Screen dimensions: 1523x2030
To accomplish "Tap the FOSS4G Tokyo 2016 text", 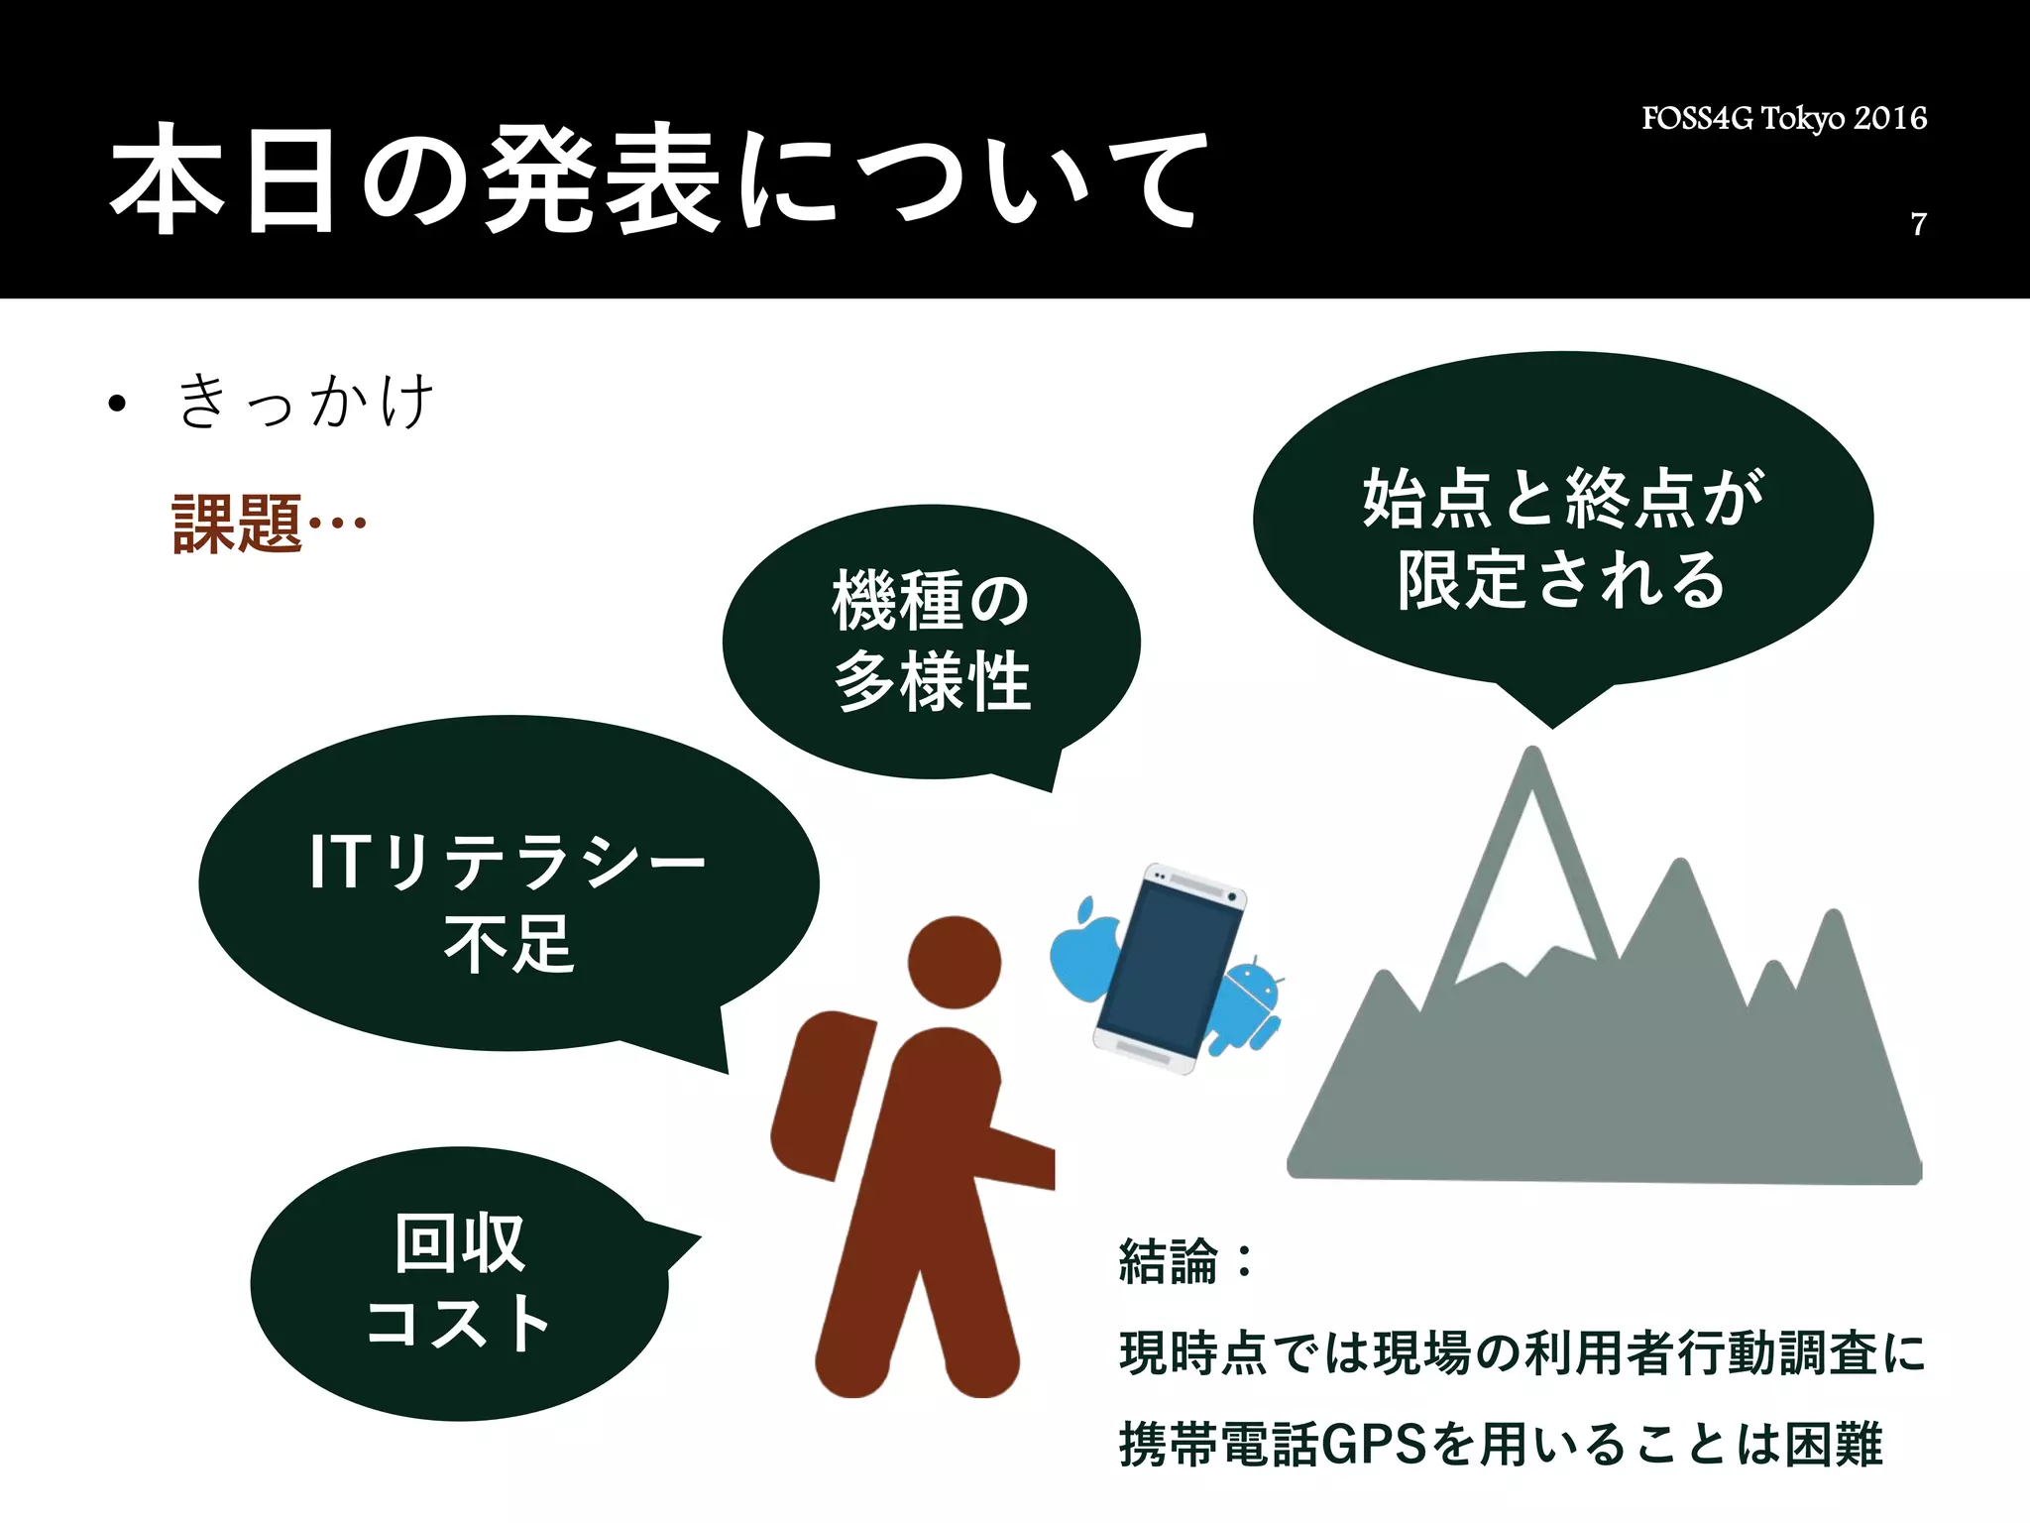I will point(1783,119).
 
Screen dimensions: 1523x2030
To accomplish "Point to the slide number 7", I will point(1918,224).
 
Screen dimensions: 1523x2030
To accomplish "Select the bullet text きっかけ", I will point(305,402).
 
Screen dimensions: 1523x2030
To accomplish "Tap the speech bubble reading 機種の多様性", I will point(931,642).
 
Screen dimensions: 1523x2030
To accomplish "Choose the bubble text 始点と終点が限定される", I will point(1562,537).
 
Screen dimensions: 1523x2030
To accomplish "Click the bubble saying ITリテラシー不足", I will point(507,900).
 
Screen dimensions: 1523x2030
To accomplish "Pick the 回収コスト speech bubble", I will point(458,1283).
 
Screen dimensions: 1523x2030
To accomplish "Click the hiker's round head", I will point(954,962).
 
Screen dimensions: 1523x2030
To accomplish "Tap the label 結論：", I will point(1184,1262).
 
